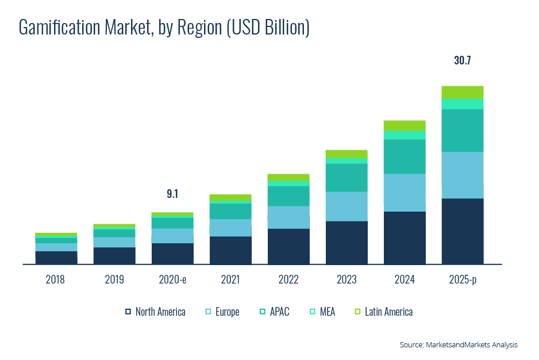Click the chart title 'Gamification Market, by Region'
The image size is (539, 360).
coord(164,28)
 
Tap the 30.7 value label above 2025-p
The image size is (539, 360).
coord(462,60)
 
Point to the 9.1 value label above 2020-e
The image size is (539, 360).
coord(172,194)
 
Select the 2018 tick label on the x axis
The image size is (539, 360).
coord(56,280)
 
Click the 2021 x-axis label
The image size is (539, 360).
coord(230,280)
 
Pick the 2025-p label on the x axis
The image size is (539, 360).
coord(462,280)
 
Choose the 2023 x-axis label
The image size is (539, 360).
coord(346,280)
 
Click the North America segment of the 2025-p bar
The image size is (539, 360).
coord(462,231)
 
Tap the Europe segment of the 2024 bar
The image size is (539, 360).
coord(405,193)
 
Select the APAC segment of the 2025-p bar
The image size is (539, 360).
coord(462,131)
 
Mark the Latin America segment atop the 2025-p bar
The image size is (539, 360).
coord(462,92)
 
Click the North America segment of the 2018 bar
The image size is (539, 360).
coord(56,258)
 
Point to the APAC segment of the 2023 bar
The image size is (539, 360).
coord(346,178)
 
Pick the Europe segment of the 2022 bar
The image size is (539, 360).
coord(288,217)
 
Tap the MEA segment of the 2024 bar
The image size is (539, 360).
coord(405,135)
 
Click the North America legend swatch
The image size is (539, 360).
coord(128,312)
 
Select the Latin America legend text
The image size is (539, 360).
coord(388,312)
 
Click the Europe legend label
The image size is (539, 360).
coord(228,312)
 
